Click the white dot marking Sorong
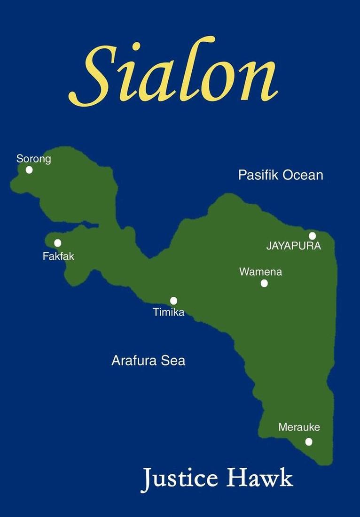click(29, 170)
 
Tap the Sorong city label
click(33, 159)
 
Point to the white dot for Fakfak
click(57, 243)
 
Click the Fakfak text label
click(58, 256)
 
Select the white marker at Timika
click(173, 301)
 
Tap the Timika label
click(169, 312)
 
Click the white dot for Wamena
click(264, 283)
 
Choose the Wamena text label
click(260, 271)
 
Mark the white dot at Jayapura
click(312, 236)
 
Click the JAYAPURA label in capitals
click(293, 246)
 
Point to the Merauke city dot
click(309, 441)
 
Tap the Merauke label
click(299, 427)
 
